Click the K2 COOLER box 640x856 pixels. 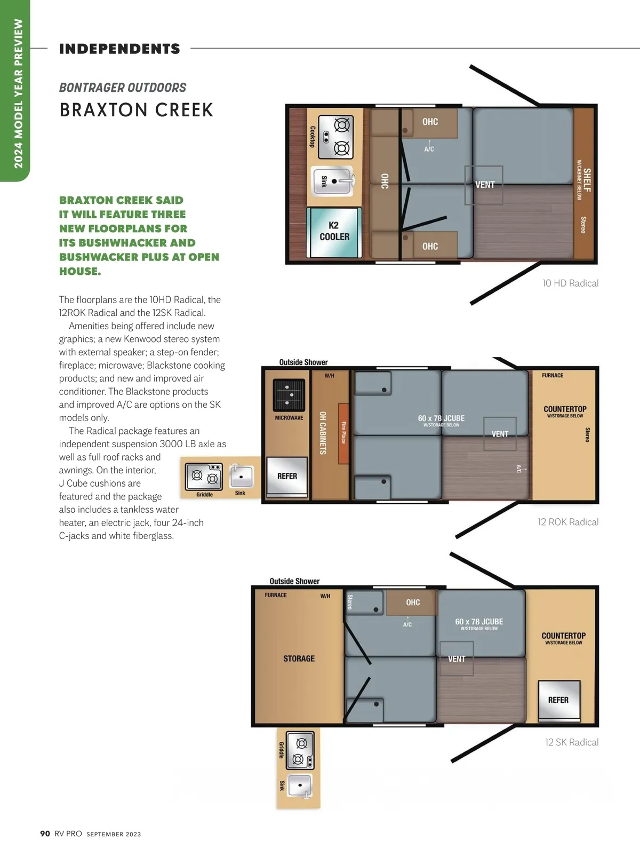pyautogui.click(x=334, y=233)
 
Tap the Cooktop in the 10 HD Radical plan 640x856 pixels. pyautogui.click(x=335, y=137)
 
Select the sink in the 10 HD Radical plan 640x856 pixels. pyautogui.click(x=332, y=181)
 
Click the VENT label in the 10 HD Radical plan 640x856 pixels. pyautogui.click(x=485, y=185)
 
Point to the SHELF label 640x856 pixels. pyautogui.click(x=587, y=180)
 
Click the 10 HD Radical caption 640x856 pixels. pyautogui.click(x=570, y=283)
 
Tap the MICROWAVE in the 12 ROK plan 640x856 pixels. pyautogui.click(x=289, y=395)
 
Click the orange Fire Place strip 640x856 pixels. pyautogui.click(x=343, y=433)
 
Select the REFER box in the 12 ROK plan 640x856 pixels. pyautogui.click(x=287, y=477)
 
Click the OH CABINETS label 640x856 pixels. pyautogui.click(x=323, y=433)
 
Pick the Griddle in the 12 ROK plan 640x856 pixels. pyautogui.click(x=204, y=476)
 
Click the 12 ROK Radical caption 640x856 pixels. pyautogui.click(x=568, y=522)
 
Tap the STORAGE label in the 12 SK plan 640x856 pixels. pyautogui.click(x=299, y=659)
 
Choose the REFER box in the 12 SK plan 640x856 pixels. pyautogui.click(x=559, y=701)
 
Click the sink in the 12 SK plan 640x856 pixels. pyautogui.click(x=300, y=786)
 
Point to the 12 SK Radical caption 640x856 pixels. pyautogui.click(x=572, y=742)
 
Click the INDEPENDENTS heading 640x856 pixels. pyautogui.click(x=119, y=49)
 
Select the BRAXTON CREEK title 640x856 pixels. pyautogui.click(x=137, y=109)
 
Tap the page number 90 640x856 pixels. pyautogui.click(x=45, y=834)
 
